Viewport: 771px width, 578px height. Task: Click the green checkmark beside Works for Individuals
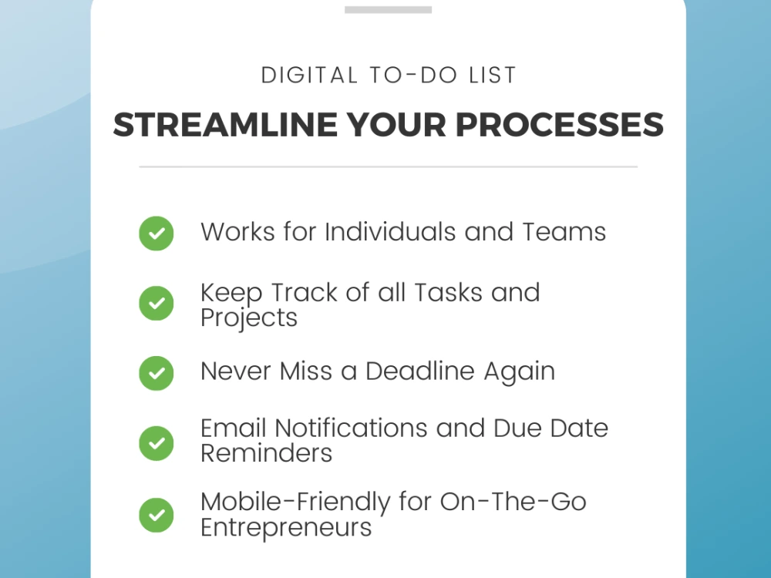[157, 233]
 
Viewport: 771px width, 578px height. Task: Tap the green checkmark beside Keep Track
[157, 304]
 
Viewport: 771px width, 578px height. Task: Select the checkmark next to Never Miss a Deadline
[157, 373]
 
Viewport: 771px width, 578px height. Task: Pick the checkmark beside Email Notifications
[157, 443]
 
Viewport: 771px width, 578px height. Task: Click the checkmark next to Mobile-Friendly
[157, 514]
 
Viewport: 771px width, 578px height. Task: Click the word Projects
[249, 318]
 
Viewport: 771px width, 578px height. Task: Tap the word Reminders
[266, 453]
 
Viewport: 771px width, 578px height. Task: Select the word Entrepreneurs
[286, 528]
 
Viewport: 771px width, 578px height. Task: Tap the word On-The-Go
[513, 502]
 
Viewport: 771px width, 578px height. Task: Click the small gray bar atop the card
[388, 10]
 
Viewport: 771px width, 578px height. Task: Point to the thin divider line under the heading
[388, 166]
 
